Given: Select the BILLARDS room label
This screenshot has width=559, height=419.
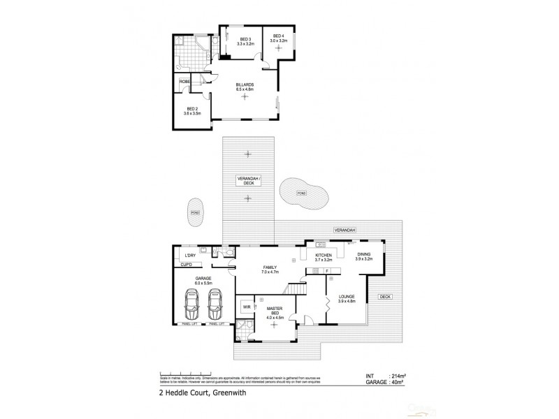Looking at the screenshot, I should coord(244,87).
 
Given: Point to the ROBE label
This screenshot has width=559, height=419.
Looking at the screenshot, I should coord(185,82).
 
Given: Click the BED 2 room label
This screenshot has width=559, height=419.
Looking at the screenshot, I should coord(191,110).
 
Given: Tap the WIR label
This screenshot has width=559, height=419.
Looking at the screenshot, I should coord(247,306).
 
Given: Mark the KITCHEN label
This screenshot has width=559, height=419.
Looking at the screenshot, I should coord(323,257).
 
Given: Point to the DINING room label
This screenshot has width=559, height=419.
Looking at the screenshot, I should coord(363,257).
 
